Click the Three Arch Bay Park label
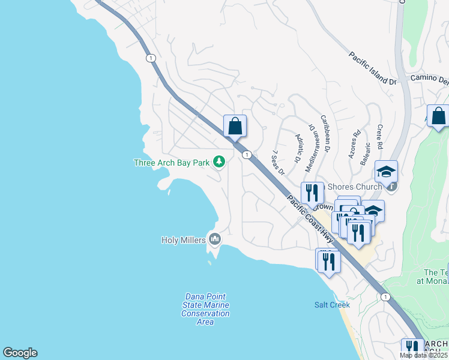[171, 163]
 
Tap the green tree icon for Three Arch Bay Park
[220, 162]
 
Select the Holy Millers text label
[183, 240]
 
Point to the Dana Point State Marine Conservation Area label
[205, 309]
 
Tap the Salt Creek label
[332, 305]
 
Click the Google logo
[20, 353]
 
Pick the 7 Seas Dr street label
[277, 163]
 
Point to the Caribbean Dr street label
[327, 133]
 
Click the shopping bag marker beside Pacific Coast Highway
[235, 126]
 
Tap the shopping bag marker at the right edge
[438, 116]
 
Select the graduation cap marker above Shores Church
[386, 171]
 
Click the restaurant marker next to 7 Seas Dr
[312, 193]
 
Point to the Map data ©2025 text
[424, 355]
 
